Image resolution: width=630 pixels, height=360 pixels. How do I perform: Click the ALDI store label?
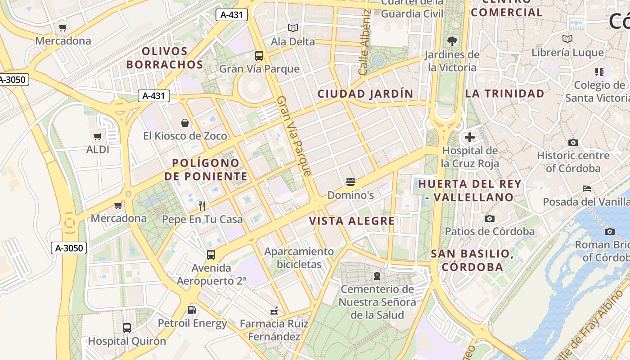[98, 149]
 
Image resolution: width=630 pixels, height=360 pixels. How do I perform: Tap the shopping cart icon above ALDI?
[98, 136]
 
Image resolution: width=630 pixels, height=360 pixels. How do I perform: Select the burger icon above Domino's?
[351, 182]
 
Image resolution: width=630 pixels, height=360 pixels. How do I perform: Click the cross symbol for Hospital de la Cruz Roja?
[470, 137]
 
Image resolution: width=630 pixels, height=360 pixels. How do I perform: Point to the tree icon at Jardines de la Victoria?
[452, 42]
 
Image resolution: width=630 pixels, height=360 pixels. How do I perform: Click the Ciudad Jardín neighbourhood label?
[365, 94]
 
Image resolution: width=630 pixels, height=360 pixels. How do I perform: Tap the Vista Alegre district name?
[352, 221]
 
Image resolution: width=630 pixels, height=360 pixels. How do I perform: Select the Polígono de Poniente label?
[206, 170]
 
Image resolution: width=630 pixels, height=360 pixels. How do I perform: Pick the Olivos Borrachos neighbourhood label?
[165, 58]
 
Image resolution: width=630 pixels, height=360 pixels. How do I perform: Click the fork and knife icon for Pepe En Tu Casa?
[202, 206]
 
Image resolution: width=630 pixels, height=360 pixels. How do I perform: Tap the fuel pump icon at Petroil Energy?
[192, 310]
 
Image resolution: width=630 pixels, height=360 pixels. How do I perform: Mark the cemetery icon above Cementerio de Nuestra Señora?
[377, 275]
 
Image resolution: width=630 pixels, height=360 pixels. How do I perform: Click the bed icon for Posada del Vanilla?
[586, 188]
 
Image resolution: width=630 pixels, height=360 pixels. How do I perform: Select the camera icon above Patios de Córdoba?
[490, 218]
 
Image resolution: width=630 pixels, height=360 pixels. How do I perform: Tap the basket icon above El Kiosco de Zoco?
[184, 122]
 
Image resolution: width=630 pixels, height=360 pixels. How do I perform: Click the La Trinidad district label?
[504, 94]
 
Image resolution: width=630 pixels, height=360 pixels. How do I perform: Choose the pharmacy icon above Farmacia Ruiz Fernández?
[274, 310]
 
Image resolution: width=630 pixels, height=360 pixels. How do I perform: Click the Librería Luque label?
[567, 53]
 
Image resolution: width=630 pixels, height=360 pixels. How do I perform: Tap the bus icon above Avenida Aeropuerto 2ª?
[211, 254]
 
